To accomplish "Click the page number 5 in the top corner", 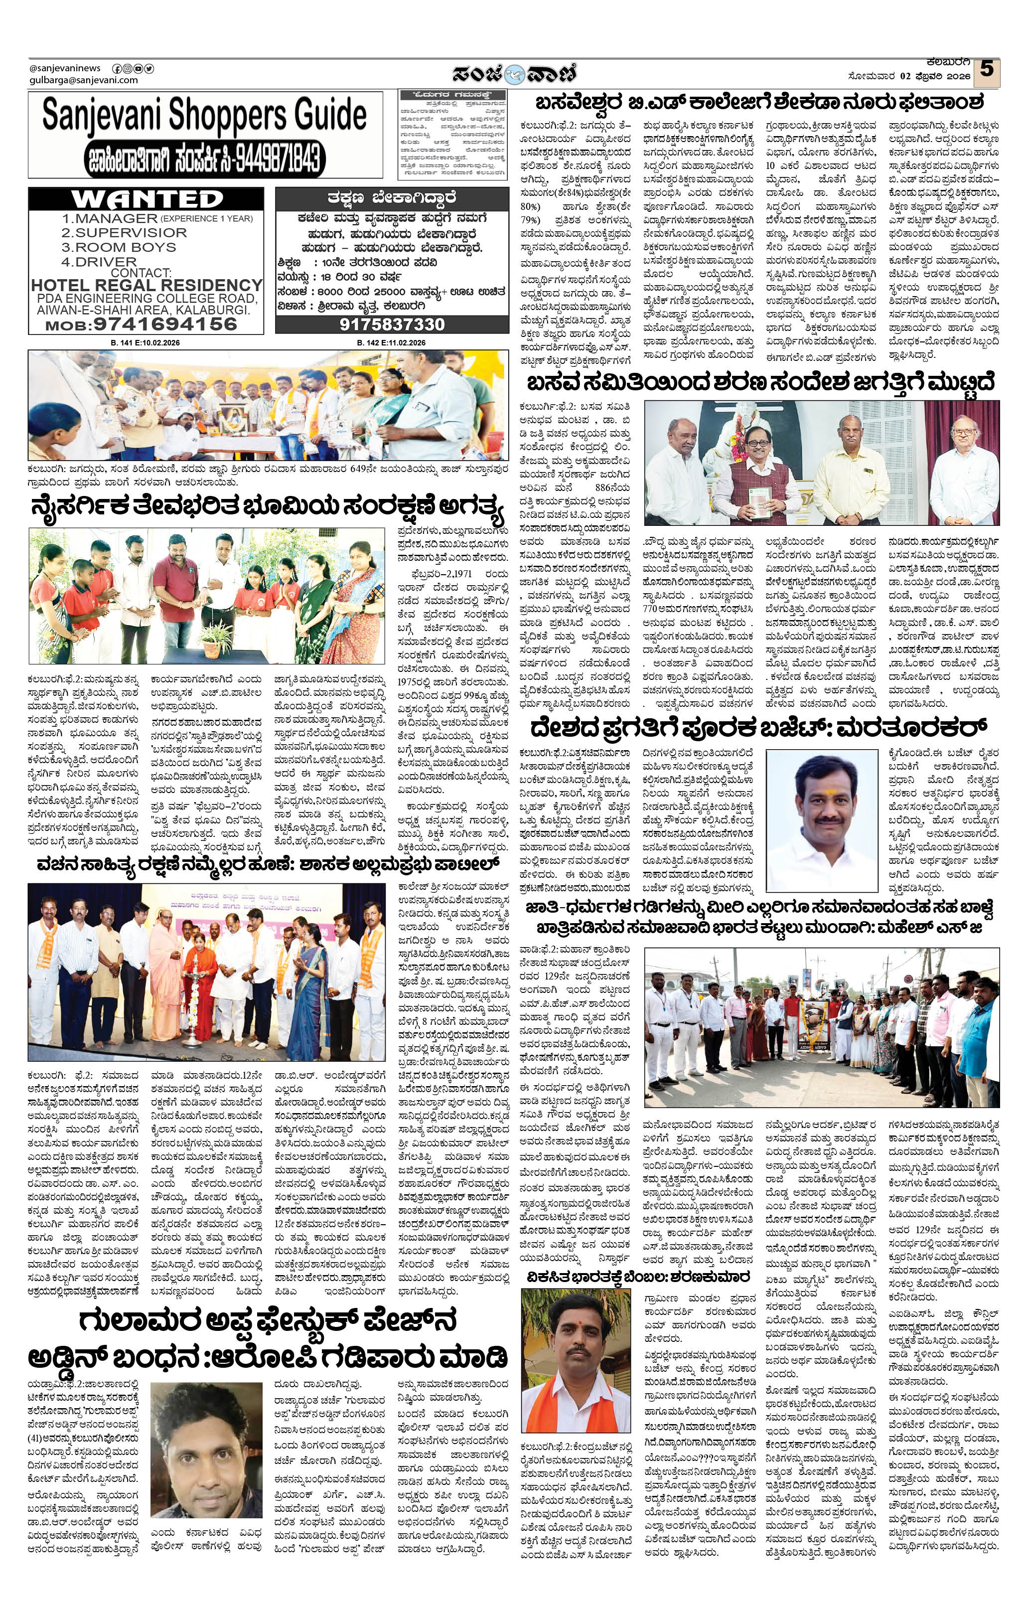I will pos(986,69).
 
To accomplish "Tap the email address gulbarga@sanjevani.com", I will pos(84,80).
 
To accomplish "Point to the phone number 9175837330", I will pos(392,324).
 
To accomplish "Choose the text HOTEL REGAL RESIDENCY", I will pos(147,285).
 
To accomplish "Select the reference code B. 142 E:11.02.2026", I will pos(391,343).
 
